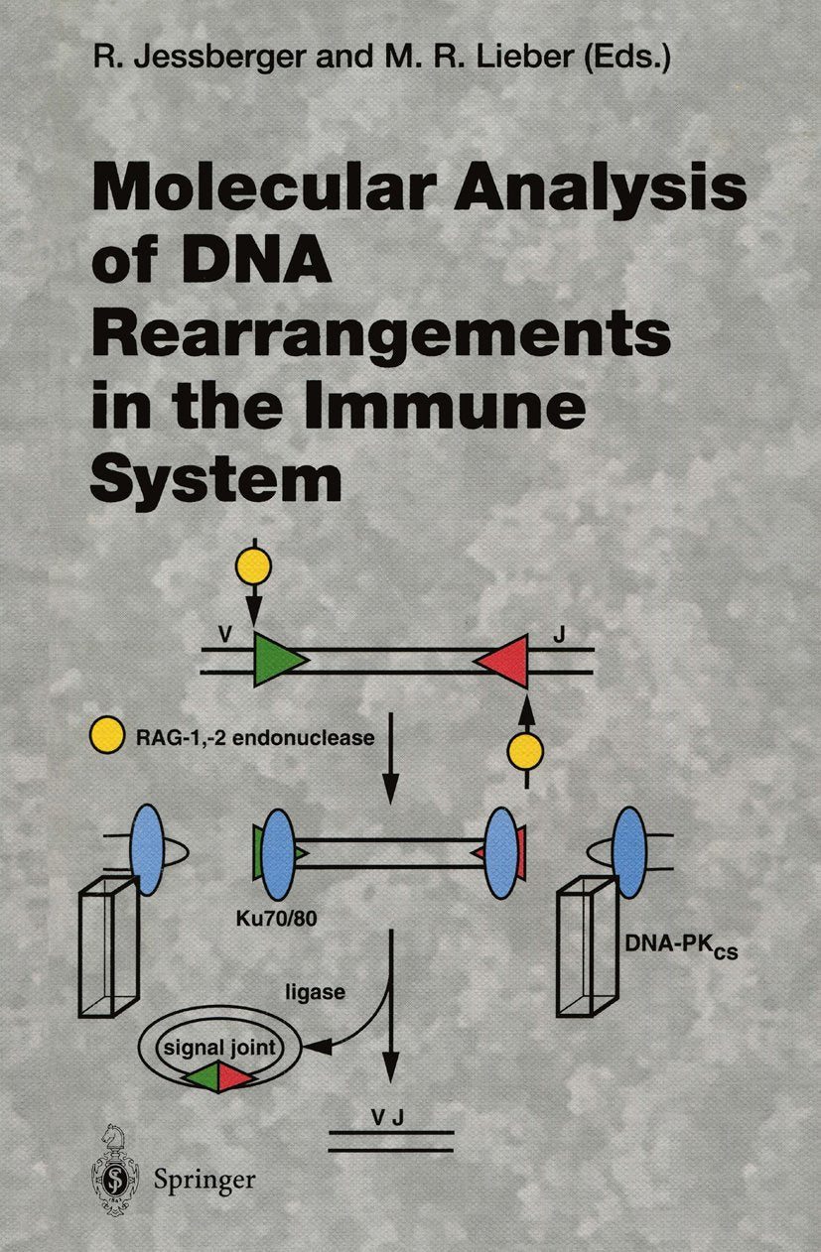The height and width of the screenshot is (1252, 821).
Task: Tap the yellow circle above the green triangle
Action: point(253,564)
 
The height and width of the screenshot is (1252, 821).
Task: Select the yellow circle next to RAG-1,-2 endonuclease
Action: point(105,737)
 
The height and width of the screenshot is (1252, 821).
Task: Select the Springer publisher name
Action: point(205,1179)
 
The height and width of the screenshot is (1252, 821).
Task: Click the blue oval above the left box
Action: point(147,850)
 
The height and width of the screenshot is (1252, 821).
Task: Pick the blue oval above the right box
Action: point(628,851)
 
